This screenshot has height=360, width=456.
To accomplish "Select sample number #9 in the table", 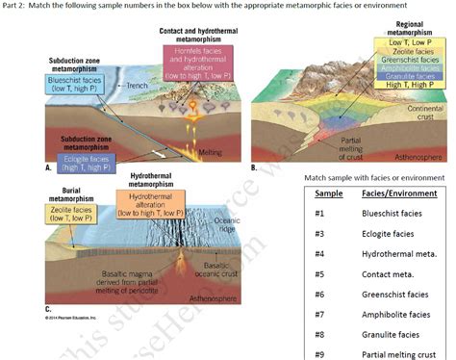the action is click(x=320, y=354).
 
